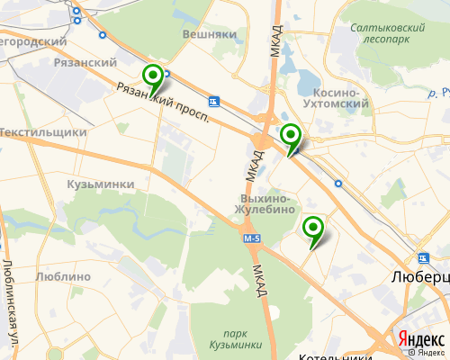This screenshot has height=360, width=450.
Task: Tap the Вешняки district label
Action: pyautogui.click(x=209, y=33)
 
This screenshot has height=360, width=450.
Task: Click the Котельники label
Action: pyautogui.click(x=334, y=356)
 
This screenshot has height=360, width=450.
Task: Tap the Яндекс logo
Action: pyautogui.click(x=420, y=339)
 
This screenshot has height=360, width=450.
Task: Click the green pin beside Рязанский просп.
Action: pyautogui.click(x=154, y=76)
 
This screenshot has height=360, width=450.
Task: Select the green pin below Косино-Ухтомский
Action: pyautogui.click(x=290, y=137)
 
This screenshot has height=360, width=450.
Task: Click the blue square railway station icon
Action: pyautogui.click(x=213, y=101)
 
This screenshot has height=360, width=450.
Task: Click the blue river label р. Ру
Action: pyautogui.click(x=439, y=93)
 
